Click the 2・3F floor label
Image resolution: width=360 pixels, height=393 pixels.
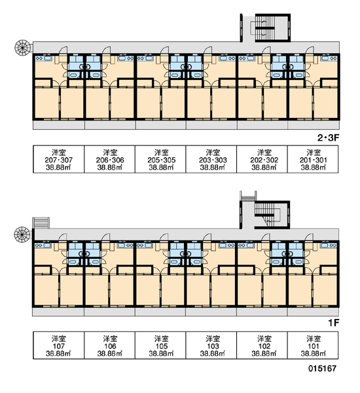click(x=328, y=138)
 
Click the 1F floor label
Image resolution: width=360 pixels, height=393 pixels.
click(x=333, y=323)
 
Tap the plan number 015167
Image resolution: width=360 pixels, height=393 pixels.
click(x=322, y=368)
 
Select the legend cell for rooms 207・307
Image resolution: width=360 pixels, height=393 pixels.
click(x=59, y=159)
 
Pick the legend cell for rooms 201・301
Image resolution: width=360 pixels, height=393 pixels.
click(x=313, y=159)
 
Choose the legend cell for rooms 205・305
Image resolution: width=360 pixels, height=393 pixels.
click(x=160, y=159)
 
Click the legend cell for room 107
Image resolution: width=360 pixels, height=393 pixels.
click(x=59, y=346)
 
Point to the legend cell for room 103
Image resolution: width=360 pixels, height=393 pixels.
click(x=211, y=346)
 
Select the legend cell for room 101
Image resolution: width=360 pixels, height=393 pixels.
click(x=313, y=346)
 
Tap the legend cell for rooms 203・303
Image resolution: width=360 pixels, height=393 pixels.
click(x=211, y=159)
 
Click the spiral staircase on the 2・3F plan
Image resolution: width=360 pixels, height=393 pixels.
click(x=22, y=47)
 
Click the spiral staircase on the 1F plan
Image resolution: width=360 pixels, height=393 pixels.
click(x=22, y=234)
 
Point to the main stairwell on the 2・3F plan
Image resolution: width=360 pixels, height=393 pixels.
click(x=272, y=28)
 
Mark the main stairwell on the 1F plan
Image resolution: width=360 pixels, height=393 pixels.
click(x=272, y=215)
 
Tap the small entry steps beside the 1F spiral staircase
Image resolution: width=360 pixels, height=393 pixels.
click(x=41, y=223)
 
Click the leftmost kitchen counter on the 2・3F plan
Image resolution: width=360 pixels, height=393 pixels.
click(x=44, y=58)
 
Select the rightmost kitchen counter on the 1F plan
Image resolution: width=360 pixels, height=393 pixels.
click(x=329, y=245)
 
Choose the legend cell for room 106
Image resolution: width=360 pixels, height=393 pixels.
click(x=110, y=346)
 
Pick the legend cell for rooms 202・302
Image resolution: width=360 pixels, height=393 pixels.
click(x=262, y=159)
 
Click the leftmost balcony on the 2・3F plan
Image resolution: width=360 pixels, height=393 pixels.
click(x=59, y=125)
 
